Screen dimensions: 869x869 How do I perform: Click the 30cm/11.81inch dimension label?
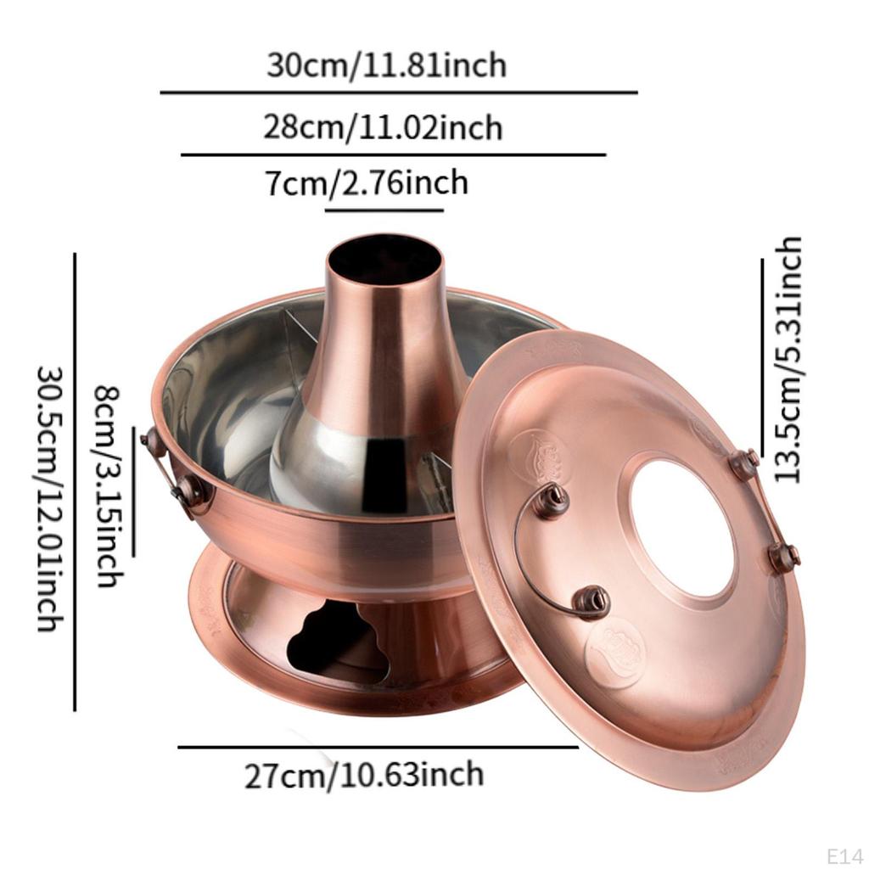pyautogui.click(x=386, y=65)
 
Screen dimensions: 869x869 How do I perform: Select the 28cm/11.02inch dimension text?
pyautogui.click(x=383, y=127)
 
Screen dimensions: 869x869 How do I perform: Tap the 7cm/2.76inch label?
pyautogui.click(x=367, y=182)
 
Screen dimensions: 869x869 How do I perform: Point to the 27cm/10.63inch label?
pyautogui.click(x=364, y=774)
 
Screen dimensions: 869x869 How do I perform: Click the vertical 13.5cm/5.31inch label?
pyautogui.click(x=788, y=360)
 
